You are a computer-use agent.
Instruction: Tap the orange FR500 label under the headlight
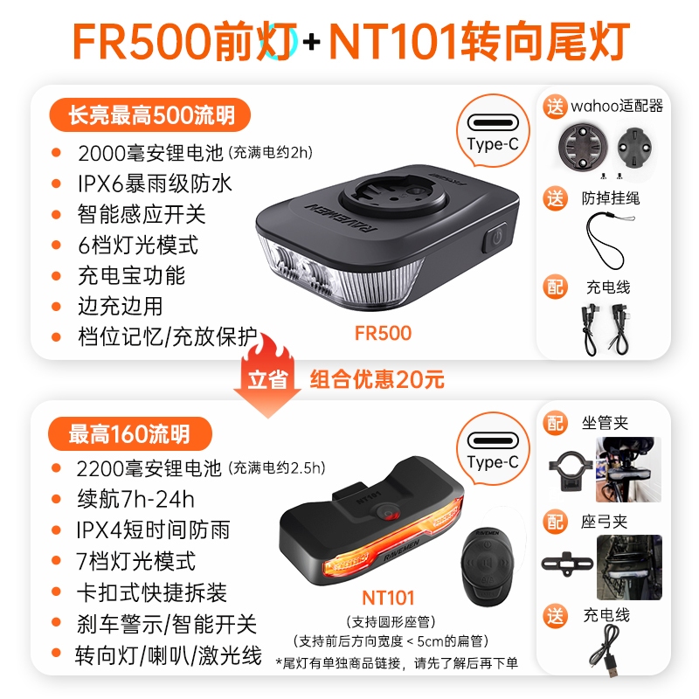[x=383, y=333]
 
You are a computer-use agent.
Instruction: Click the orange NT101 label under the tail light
[x=388, y=598]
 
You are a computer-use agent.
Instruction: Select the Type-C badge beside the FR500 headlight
[x=493, y=130]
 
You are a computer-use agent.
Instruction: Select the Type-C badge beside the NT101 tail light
[x=493, y=448]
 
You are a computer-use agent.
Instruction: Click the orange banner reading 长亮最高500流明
[x=149, y=115]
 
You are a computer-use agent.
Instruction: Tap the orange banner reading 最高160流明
[x=129, y=433]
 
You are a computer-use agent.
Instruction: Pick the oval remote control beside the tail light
[x=488, y=566]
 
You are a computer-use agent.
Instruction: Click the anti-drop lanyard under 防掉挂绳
[x=607, y=239]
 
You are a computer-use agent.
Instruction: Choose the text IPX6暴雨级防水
[x=155, y=183]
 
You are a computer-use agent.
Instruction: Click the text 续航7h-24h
[x=135, y=499]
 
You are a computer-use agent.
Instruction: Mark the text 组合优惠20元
[x=377, y=379]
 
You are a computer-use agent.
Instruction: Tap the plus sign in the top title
[x=312, y=42]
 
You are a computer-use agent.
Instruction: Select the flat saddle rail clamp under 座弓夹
[x=567, y=564]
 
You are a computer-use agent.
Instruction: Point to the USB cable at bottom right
[x=606, y=650]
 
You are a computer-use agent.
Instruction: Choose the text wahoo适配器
[x=617, y=106]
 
